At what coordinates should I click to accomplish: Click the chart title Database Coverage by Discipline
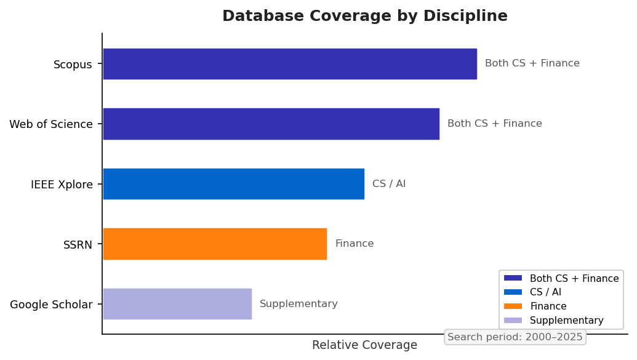point(364,16)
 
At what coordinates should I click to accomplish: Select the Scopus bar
point(289,64)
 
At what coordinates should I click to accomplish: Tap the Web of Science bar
point(271,124)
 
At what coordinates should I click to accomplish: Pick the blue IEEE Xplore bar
point(233,184)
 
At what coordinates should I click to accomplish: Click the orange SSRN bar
point(214,244)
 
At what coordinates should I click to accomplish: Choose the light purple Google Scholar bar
point(177,304)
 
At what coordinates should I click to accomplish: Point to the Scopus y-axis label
point(73,65)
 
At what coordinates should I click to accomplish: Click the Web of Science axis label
point(51,124)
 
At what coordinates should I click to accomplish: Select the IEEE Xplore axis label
point(62,185)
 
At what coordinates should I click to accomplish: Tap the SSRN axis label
point(78,245)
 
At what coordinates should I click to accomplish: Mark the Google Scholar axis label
point(51,305)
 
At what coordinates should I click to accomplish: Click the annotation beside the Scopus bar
point(532,63)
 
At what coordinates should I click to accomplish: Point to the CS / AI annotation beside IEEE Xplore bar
point(389,184)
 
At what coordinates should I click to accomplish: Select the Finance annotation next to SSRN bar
point(354,244)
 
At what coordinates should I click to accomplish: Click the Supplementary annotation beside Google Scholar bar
point(298,304)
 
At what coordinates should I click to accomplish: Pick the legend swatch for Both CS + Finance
point(513,278)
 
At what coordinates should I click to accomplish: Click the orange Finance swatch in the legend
point(513,306)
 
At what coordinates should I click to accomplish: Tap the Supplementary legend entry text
point(566,321)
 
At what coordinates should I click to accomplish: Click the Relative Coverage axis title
point(364,345)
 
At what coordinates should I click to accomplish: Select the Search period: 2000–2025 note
point(515,337)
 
